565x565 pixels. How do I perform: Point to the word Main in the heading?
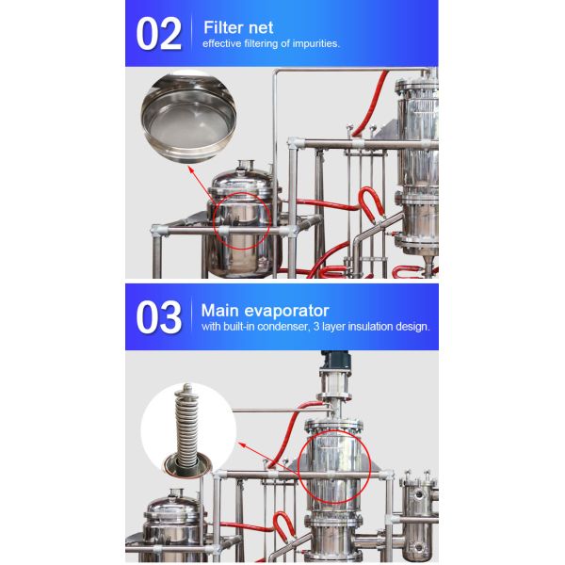[x=220, y=310]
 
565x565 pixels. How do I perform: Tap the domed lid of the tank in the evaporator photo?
[x=171, y=504]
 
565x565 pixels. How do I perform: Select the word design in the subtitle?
[x=412, y=328]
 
